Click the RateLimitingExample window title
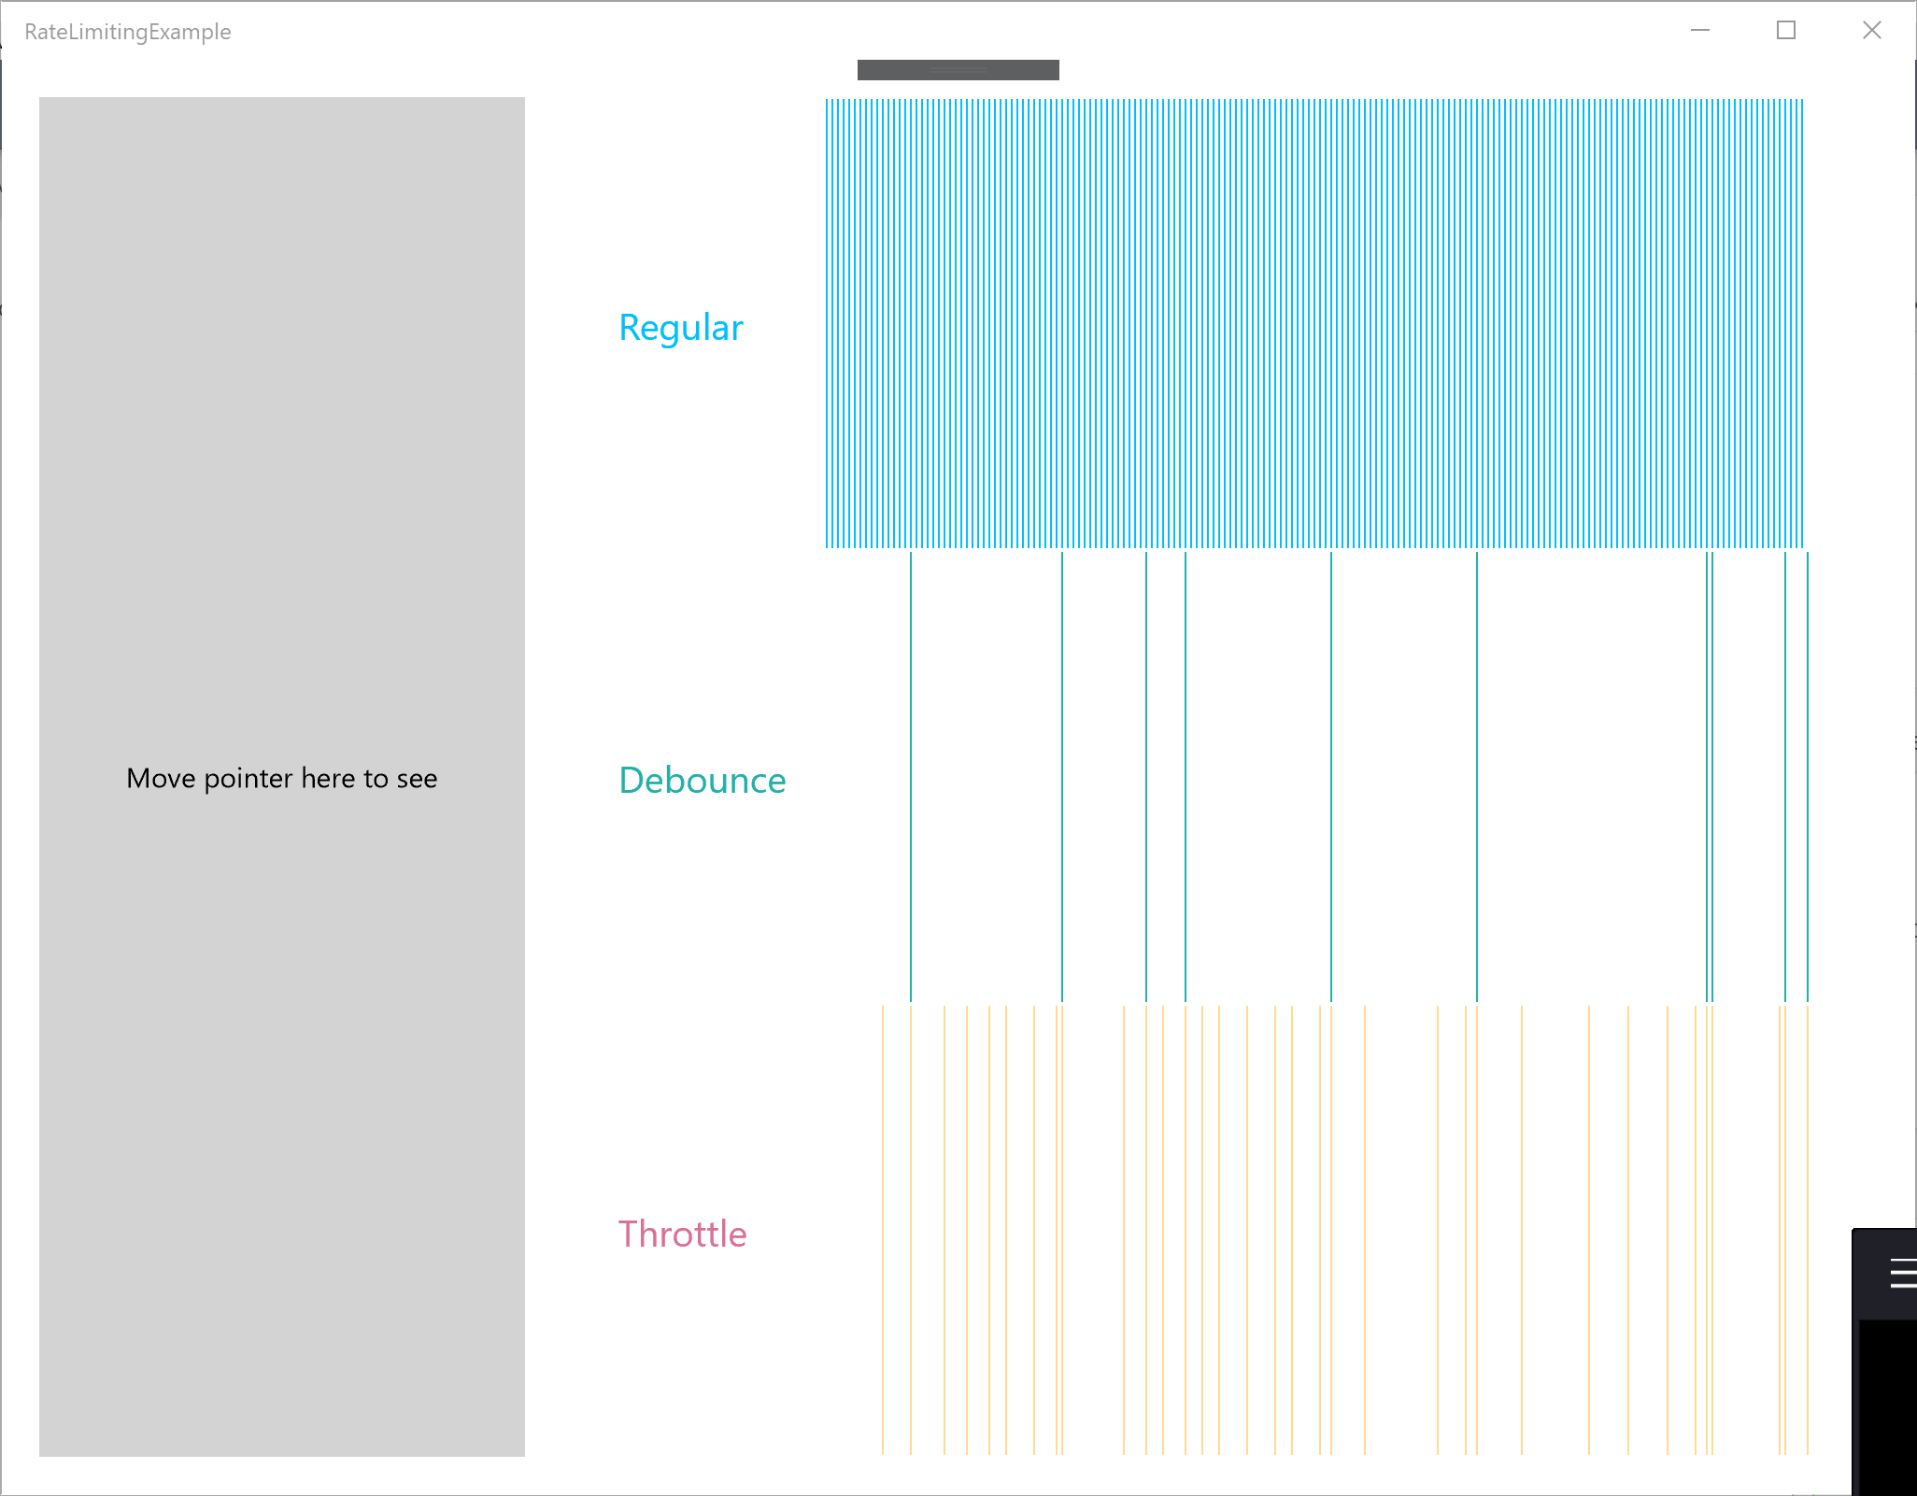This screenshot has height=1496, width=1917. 128,32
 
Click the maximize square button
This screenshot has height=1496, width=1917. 1785,31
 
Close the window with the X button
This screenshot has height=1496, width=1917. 1871,31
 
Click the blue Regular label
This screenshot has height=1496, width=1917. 681,328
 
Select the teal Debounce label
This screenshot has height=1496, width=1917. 703,781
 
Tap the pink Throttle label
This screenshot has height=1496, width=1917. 683,1235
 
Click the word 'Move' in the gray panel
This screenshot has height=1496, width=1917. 161,779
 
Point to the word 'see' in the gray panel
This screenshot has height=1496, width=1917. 417,779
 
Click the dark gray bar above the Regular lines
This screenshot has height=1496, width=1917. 958,70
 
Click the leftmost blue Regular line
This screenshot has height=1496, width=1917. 827,323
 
